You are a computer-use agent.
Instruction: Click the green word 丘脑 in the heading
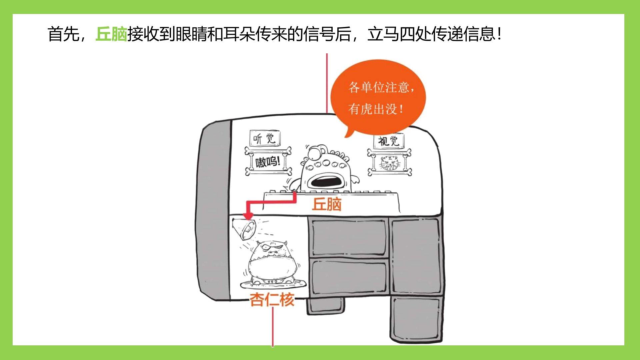111,34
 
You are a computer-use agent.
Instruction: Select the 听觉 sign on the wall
265,138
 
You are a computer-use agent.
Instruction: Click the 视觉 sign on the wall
389,141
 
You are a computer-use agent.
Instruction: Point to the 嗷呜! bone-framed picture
268,162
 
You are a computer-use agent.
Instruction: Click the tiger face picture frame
389,163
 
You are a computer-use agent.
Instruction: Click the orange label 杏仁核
272,299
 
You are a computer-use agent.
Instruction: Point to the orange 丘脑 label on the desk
327,204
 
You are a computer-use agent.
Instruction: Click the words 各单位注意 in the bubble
379,87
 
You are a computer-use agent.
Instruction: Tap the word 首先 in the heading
63,34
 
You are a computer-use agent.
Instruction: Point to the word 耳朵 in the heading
239,34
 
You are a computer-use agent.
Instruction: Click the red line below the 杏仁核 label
273,327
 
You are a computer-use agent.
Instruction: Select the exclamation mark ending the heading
499,34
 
